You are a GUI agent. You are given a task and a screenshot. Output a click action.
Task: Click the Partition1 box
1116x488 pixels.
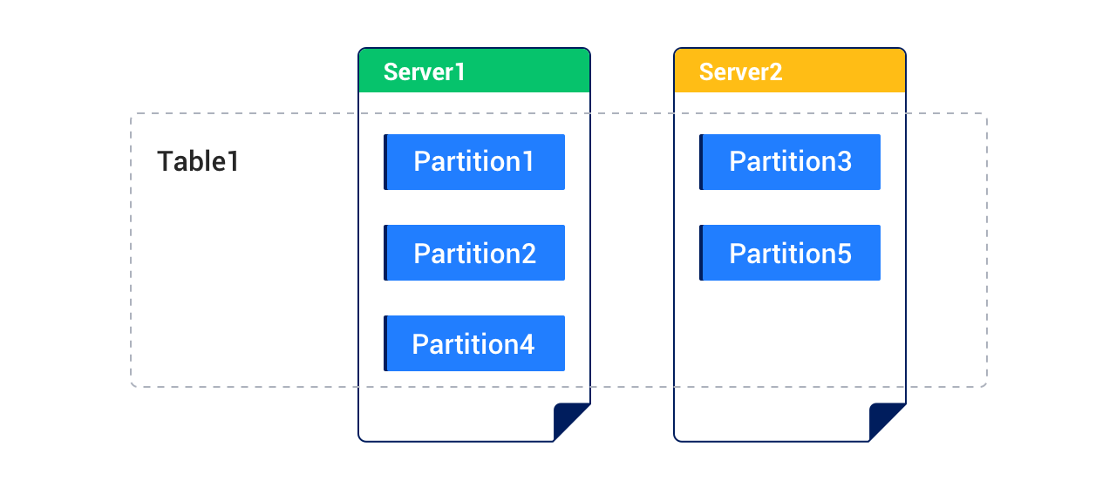[x=474, y=162]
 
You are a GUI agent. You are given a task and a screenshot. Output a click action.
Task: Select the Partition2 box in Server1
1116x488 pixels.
[x=474, y=253]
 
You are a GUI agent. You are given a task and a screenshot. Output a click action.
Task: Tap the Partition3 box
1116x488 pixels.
[x=790, y=162]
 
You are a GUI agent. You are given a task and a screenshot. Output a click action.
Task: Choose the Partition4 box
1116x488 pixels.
[x=474, y=343]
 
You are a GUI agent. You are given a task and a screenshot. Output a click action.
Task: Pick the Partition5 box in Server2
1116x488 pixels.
[x=790, y=253]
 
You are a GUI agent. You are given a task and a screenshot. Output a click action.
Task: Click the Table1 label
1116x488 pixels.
[x=198, y=162]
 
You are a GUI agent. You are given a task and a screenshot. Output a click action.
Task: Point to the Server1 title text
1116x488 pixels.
[x=425, y=71]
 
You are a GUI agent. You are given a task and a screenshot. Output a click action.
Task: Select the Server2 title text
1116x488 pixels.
[x=740, y=71]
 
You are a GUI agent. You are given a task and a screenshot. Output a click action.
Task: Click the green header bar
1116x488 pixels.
[x=523, y=71]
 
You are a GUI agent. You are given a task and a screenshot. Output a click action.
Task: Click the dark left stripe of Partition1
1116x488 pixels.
[x=385, y=162]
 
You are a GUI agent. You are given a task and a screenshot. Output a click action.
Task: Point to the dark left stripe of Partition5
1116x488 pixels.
[x=701, y=253]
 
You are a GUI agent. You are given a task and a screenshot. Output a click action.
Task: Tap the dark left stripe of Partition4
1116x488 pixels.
[x=385, y=343]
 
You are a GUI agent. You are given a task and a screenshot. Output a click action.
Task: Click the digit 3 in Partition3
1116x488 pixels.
[x=843, y=162]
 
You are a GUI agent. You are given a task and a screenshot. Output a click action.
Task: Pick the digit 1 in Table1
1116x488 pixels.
[x=233, y=162]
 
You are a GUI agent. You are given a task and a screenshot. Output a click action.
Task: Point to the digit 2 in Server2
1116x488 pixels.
[x=775, y=71]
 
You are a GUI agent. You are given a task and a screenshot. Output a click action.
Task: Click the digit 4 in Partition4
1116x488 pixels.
[x=526, y=344]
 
